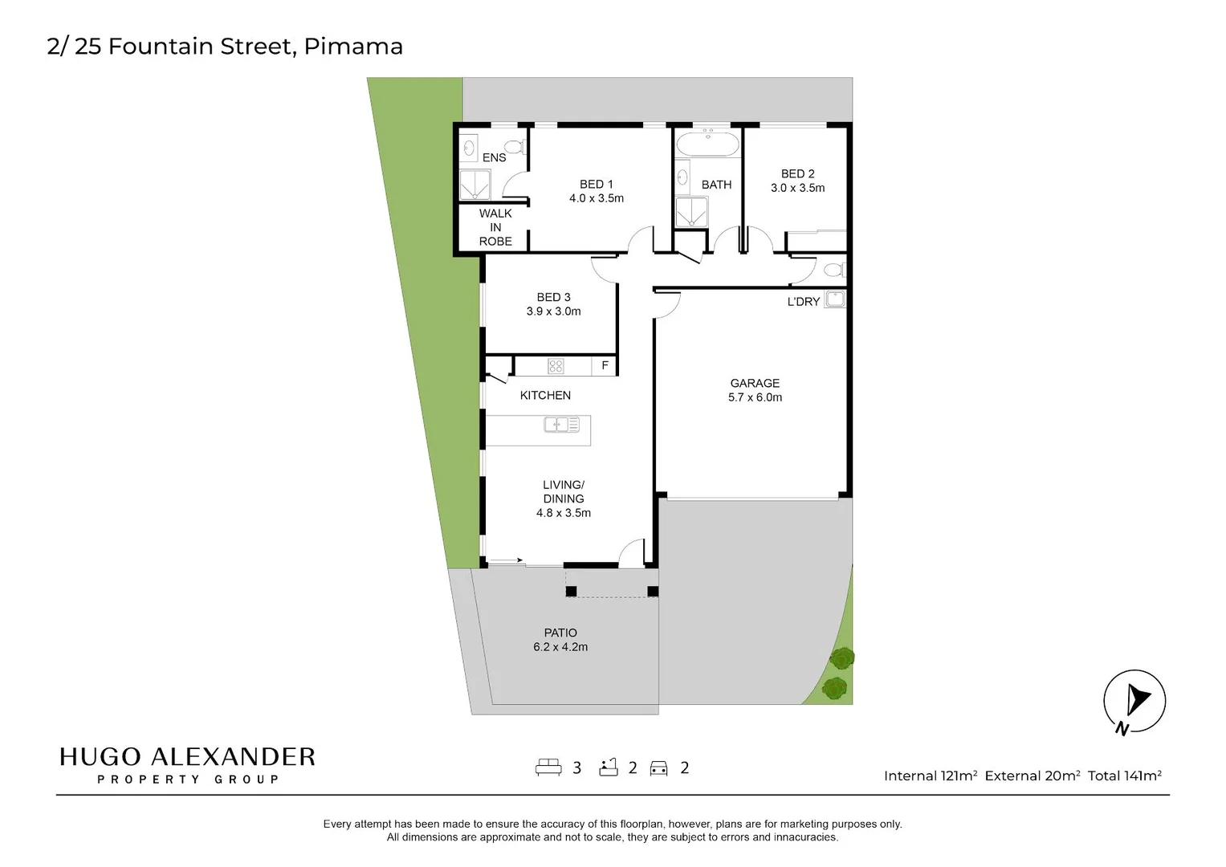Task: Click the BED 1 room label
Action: [x=596, y=184]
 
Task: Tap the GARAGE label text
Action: [x=755, y=383]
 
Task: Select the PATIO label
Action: [x=560, y=633]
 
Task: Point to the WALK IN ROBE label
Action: [x=495, y=227]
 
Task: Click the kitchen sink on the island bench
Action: [x=561, y=424]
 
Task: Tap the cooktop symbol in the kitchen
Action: [x=556, y=366]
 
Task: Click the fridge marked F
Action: [x=605, y=366]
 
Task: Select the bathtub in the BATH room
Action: [x=707, y=145]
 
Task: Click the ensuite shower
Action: [x=475, y=185]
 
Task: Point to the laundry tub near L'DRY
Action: [x=835, y=299]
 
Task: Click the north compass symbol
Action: [x=1134, y=701]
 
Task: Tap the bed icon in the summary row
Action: [x=548, y=767]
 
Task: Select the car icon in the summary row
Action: [x=658, y=768]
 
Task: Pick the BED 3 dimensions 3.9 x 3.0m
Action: [x=553, y=311]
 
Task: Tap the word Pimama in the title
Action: [x=353, y=47]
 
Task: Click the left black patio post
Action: [x=571, y=592]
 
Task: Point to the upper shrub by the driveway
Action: [x=841, y=659]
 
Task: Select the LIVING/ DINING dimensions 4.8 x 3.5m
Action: [x=564, y=513]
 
